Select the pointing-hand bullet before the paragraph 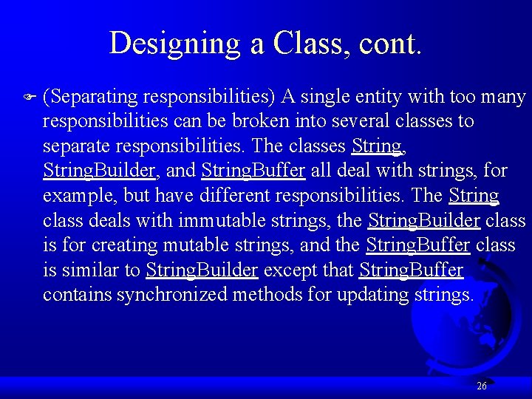click(x=29, y=97)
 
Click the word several click(x=338, y=120)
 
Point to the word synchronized click(x=172, y=296)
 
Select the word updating click(x=369, y=296)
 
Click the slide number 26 click(x=481, y=386)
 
